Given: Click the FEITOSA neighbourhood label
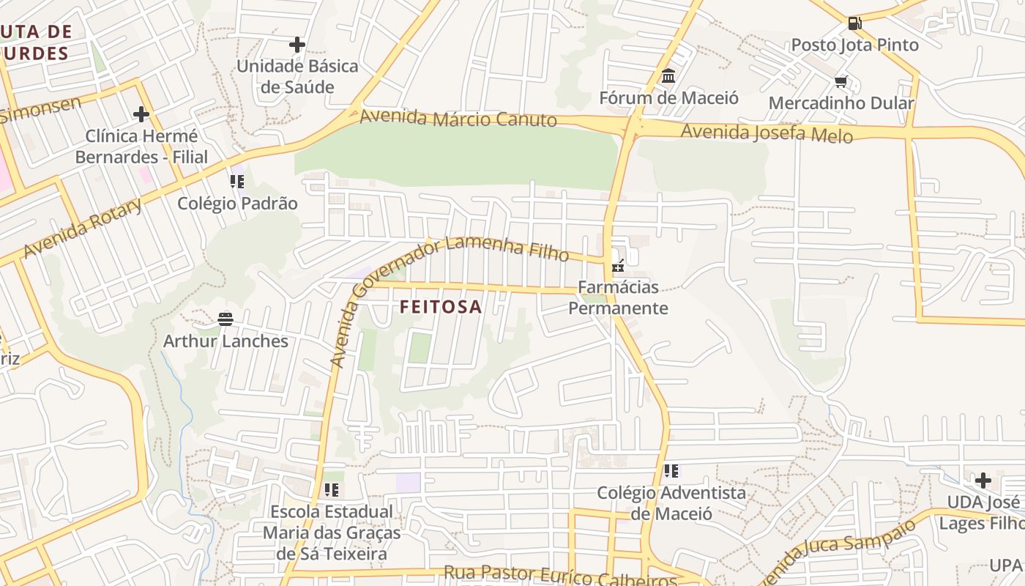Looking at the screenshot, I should (441, 307).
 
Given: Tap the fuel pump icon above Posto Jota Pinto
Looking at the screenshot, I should (854, 23).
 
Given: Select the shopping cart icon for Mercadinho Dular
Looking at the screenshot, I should (840, 82).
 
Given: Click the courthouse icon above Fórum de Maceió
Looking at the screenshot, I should (668, 76).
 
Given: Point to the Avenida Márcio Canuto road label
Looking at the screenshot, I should (458, 117).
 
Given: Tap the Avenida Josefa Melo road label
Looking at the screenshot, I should (767, 133).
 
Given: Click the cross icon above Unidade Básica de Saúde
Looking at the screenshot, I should (297, 45).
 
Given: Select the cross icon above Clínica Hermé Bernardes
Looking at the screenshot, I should (141, 114).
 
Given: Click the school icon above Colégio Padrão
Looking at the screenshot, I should (236, 181).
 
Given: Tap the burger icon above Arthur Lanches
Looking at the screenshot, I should (225, 319).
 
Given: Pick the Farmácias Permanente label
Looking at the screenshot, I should (619, 297).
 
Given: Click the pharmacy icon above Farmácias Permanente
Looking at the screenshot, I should (619, 265).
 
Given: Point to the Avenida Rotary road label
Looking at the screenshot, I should (83, 227).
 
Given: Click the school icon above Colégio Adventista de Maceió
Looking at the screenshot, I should (671, 470).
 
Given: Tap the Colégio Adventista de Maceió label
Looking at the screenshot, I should (671, 502).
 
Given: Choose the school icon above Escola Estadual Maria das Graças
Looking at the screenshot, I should (331, 489).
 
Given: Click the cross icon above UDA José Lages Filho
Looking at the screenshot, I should (983, 481).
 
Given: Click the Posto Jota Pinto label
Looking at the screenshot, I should (854, 45).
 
